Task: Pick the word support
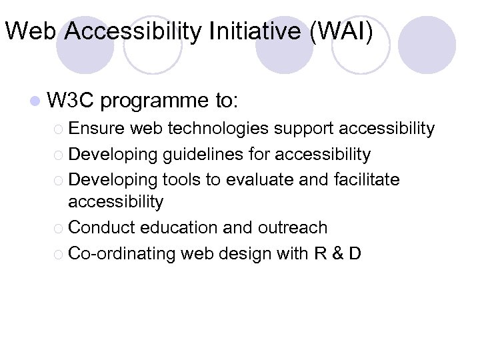[x=309, y=128]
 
